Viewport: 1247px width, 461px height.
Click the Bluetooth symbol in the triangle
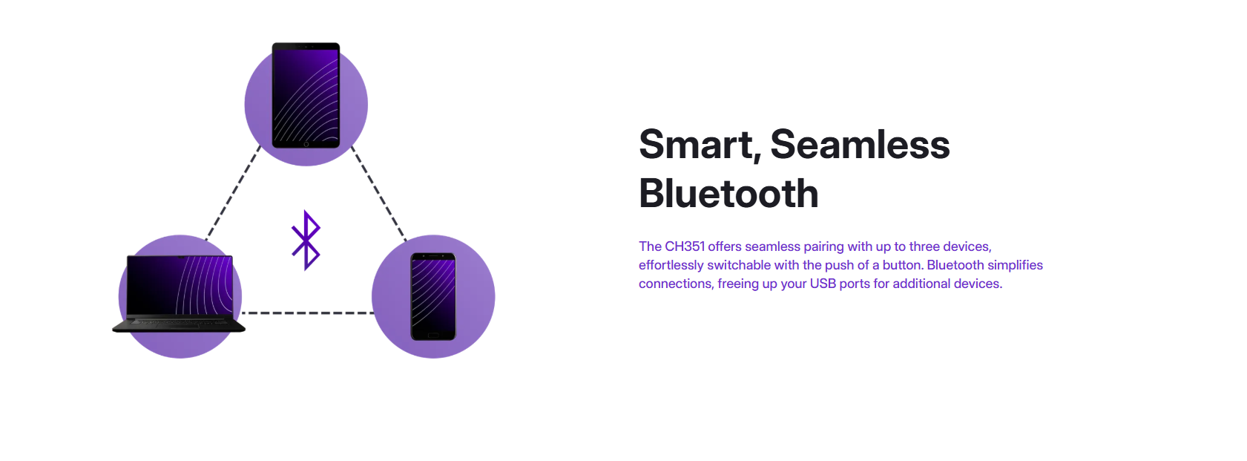tap(306, 240)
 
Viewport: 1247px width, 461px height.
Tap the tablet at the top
tap(306, 95)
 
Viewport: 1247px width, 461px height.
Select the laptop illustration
tap(179, 293)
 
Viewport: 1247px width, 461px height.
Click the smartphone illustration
tap(433, 296)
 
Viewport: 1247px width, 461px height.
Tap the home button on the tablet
tap(306, 144)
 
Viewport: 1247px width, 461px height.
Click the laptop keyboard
tap(179, 322)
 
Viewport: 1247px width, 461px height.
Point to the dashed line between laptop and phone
tap(307, 313)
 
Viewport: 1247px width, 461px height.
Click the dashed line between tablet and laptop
tap(233, 193)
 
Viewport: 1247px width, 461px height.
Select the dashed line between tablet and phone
tap(378, 193)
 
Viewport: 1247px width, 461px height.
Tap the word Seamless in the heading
tap(860, 145)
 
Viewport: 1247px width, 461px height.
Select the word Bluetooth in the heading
tap(728, 194)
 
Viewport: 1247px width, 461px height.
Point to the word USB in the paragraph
tap(823, 284)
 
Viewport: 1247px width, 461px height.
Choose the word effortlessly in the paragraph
tap(671, 266)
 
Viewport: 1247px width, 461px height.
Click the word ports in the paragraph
tap(855, 284)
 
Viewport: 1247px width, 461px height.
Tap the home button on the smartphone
tap(433, 336)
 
